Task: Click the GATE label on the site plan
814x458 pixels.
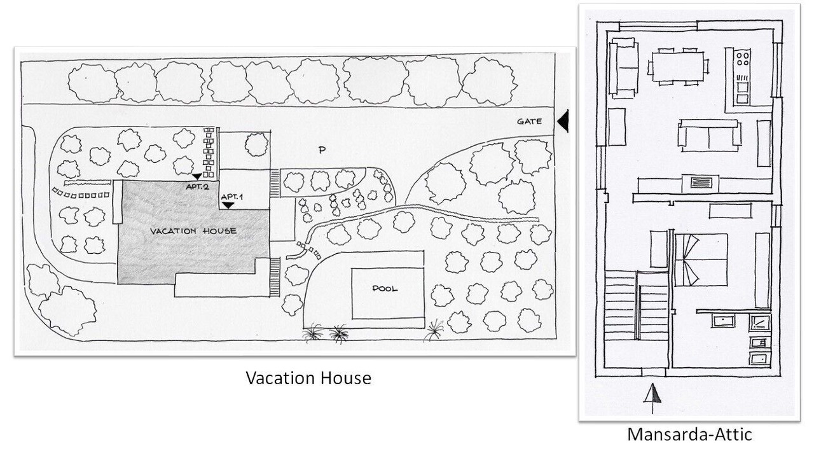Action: (x=529, y=121)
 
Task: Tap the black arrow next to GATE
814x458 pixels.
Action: (x=563, y=121)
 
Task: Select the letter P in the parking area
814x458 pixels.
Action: (x=322, y=151)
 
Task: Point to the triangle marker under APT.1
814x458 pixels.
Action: (x=228, y=205)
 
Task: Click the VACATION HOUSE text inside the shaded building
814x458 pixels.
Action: (x=193, y=232)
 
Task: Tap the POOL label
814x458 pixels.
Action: (x=385, y=289)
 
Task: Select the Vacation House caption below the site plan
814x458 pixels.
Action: (x=308, y=378)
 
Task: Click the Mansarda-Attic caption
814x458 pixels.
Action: (x=689, y=434)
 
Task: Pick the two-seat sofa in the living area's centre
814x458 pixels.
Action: (x=709, y=135)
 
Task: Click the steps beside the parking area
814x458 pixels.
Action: (x=275, y=183)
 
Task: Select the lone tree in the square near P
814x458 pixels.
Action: (x=256, y=144)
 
